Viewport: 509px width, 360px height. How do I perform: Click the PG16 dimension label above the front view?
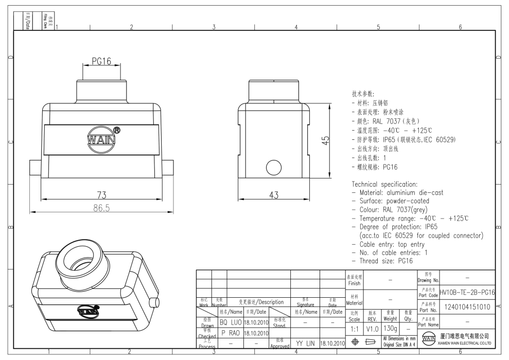[x=101, y=62]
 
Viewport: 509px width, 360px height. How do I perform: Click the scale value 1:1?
[x=354, y=328]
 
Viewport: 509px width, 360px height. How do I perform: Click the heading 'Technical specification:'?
[x=384, y=184]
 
